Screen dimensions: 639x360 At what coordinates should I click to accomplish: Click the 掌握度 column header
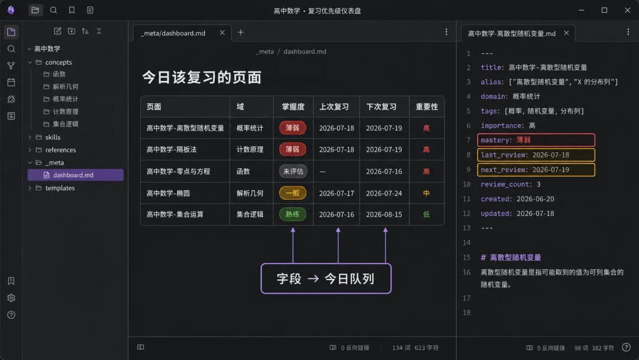[x=293, y=107]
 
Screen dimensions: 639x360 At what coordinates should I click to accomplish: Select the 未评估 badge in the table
[x=293, y=171]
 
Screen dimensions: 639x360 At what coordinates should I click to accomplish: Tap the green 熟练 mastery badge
[x=293, y=214]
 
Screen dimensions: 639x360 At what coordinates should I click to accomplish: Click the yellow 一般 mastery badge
[x=293, y=193]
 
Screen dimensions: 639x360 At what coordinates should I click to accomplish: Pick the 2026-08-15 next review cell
[x=384, y=214]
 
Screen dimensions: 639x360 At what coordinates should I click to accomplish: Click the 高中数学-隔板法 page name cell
[x=172, y=150]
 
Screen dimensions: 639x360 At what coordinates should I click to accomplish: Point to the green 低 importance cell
[x=426, y=214]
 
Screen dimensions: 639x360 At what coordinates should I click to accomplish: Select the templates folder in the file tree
[x=60, y=188]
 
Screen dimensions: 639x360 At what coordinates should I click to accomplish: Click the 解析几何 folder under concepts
[x=65, y=86]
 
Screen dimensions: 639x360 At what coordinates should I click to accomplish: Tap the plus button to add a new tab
[x=241, y=32]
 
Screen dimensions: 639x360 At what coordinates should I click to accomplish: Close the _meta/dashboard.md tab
[x=222, y=33]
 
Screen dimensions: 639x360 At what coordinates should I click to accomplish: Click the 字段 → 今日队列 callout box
[x=326, y=278]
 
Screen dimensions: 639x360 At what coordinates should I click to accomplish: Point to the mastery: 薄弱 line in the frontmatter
[x=536, y=140]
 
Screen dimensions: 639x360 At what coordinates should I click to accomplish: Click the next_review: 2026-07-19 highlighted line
[x=536, y=169]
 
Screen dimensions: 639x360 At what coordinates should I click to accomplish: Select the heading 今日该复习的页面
[x=202, y=78]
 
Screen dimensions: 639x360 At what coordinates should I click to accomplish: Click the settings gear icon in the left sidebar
[x=11, y=298]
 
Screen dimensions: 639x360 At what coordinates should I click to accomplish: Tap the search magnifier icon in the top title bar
[x=53, y=10]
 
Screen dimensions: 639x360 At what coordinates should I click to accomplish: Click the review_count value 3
[x=538, y=184]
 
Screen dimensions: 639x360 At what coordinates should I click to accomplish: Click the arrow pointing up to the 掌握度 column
[x=293, y=246]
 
